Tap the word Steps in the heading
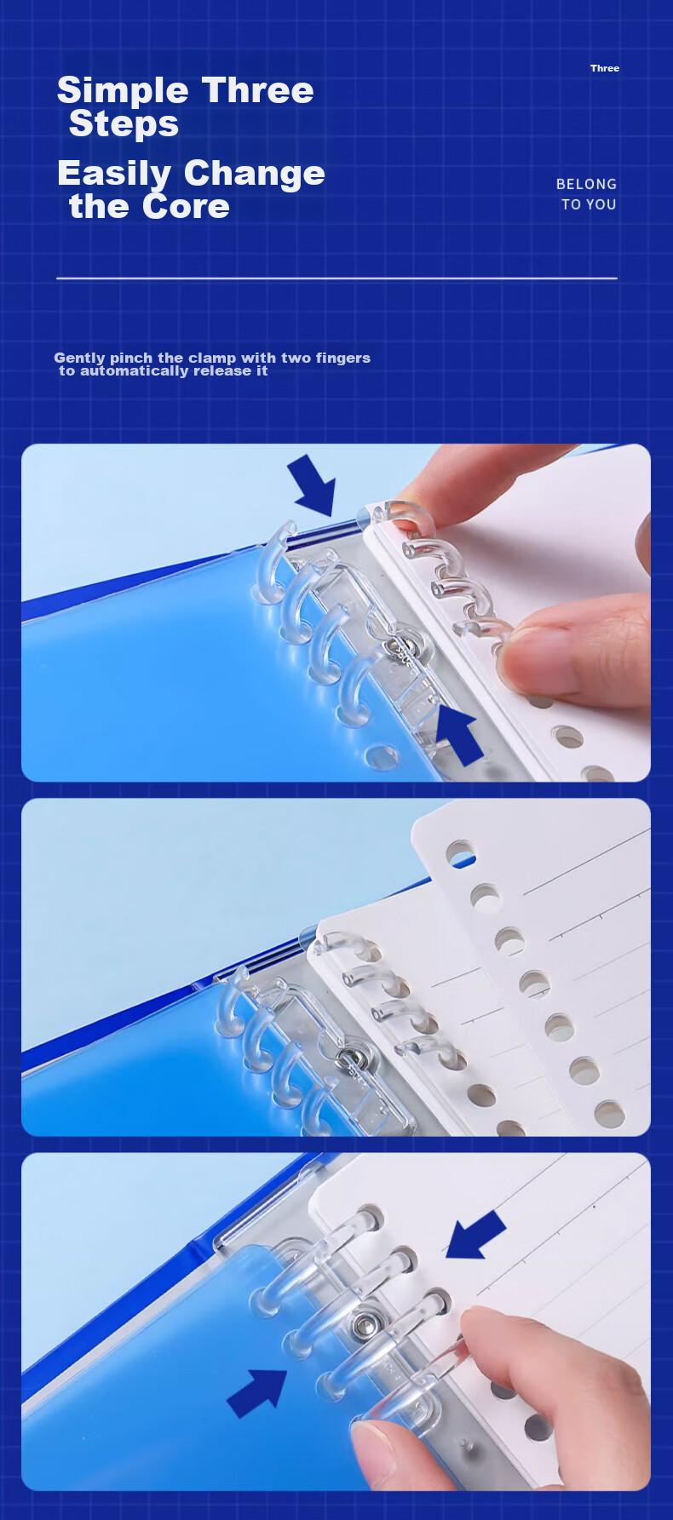coord(124,124)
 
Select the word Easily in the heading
coord(113,174)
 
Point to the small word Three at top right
coord(605,68)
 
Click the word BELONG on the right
coord(586,184)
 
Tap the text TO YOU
coord(589,204)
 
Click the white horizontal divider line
coord(336,278)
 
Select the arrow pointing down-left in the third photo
coord(475,1236)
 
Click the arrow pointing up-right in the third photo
coord(257,1393)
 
